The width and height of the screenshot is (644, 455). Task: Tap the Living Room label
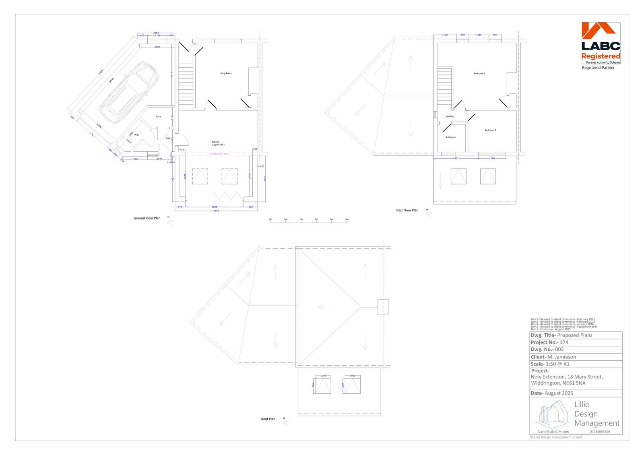click(x=225, y=73)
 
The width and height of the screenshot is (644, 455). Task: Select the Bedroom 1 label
click(x=479, y=74)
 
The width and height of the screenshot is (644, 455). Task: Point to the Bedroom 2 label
click(x=490, y=130)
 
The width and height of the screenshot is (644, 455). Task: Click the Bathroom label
click(x=451, y=137)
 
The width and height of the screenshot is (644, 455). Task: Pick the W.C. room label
click(x=136, y=135)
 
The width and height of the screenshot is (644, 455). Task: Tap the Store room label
click(x=158, y=116)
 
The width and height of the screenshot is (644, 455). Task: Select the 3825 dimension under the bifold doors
click(x=215, y=207)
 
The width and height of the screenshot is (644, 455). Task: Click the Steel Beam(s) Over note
click(x=219, y=153)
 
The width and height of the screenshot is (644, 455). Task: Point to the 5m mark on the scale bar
click(x=347, y=219)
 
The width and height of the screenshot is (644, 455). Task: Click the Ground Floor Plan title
click(x=147, y=218)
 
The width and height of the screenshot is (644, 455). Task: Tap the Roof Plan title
click(x=268, y=419)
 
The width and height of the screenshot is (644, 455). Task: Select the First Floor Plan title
click(x=407, y=210)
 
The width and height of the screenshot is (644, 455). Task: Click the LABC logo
click(x=601, y=43)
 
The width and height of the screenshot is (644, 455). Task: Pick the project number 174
click(x=564, y=342)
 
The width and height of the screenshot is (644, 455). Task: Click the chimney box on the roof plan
click(x=382, y=307)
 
